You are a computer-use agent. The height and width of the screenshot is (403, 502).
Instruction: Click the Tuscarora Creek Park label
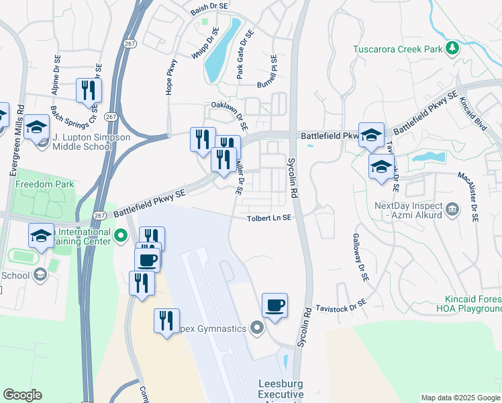click(x=399, y=49)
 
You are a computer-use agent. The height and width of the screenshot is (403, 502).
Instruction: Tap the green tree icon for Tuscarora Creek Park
click(x=453, y=48)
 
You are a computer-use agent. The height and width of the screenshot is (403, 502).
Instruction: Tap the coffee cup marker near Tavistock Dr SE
click(x=274, y=306)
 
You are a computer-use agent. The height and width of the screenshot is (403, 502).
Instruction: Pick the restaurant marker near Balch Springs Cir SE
click(x=89, y=90)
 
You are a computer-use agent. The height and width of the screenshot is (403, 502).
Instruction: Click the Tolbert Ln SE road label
click(x=268, y=218)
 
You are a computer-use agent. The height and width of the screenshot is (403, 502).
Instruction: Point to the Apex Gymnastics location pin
click(x=256, y=328)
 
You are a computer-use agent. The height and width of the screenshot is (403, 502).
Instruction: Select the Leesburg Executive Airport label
click(x=282, y=390)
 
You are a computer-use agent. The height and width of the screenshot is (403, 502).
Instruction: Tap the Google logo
click(x=22, y=395)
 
